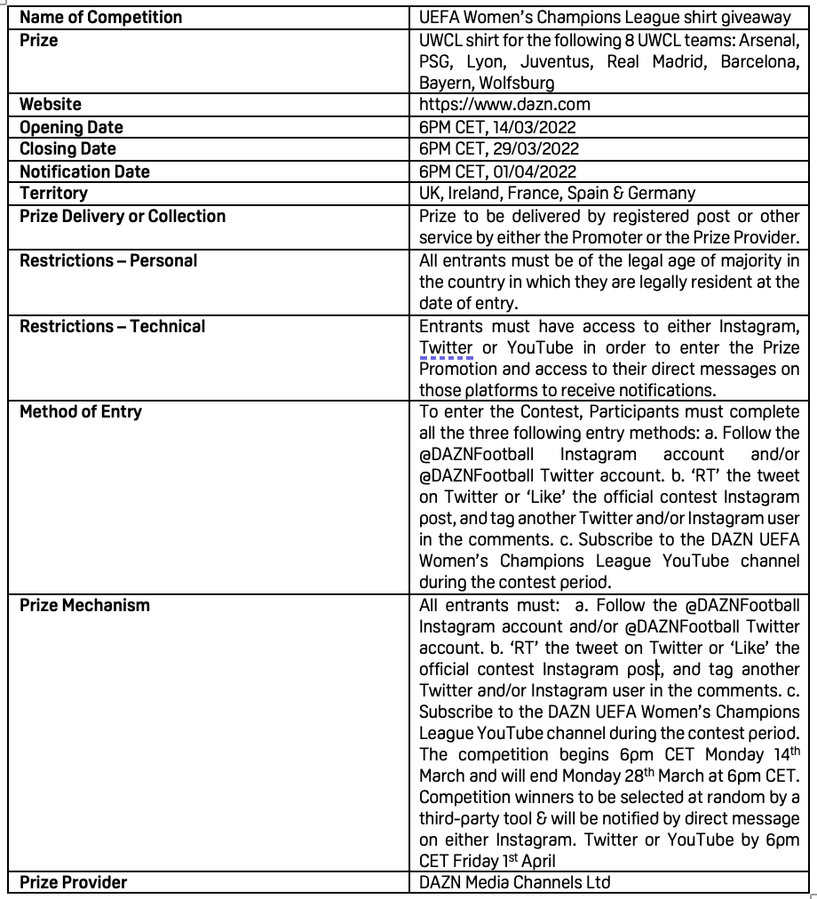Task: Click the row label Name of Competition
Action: click(x=101, y=17)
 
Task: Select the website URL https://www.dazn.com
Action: click(x=504, y=104)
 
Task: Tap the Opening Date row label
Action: click(x=71, y=127)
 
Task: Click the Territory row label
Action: click(x=54, y=193)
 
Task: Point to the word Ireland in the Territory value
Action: click(x=479, y=193)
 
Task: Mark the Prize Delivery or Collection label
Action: click(x=123, y=216)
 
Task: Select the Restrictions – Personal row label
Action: click(x=108, y=260)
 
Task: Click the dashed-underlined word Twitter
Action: click(x=446, y=347)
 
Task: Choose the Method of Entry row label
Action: click(x=81, y=411)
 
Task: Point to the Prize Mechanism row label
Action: click(x=85, y=605)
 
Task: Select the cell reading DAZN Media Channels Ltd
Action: click(x=515, y=882)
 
